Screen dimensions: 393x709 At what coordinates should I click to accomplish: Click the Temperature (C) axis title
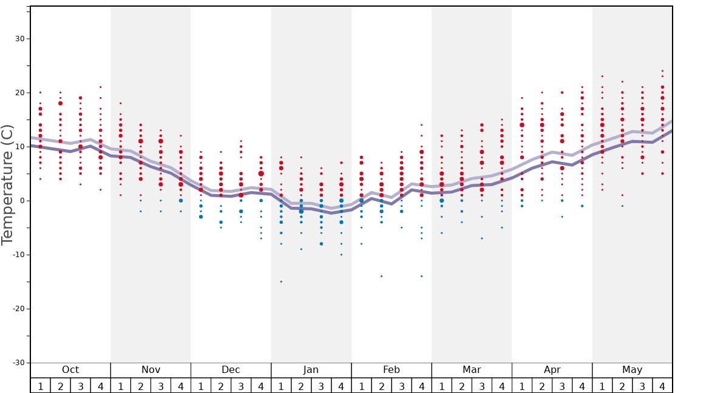point(7,184)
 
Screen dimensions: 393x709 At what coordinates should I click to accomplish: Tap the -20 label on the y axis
point(16,309)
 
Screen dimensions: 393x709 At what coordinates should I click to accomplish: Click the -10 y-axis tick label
point(16,255)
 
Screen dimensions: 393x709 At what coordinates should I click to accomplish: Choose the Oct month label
point(70,370)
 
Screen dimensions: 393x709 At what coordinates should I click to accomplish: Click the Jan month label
point(311,370)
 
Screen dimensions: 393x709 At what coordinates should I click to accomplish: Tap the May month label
point(632,370)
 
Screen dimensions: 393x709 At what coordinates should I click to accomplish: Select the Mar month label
point(472,370)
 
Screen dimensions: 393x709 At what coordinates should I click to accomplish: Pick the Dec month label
point(231,370)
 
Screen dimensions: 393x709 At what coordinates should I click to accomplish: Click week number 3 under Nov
point(161,386)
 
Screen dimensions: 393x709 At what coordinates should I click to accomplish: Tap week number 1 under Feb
point(361,386)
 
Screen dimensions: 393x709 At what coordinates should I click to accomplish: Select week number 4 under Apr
point(582,386)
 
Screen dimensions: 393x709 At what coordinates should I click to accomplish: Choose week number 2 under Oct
point(61,386)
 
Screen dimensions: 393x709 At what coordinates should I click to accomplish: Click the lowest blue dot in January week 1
point(281,281)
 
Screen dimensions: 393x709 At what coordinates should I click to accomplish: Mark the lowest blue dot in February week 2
point(381,276)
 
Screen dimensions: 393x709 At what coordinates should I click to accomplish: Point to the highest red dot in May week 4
point(662,71)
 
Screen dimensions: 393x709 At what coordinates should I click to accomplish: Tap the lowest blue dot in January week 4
point(341,255)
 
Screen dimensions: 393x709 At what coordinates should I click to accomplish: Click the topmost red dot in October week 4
point(101,87)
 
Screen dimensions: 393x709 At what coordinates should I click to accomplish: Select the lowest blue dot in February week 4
point(421,276)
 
